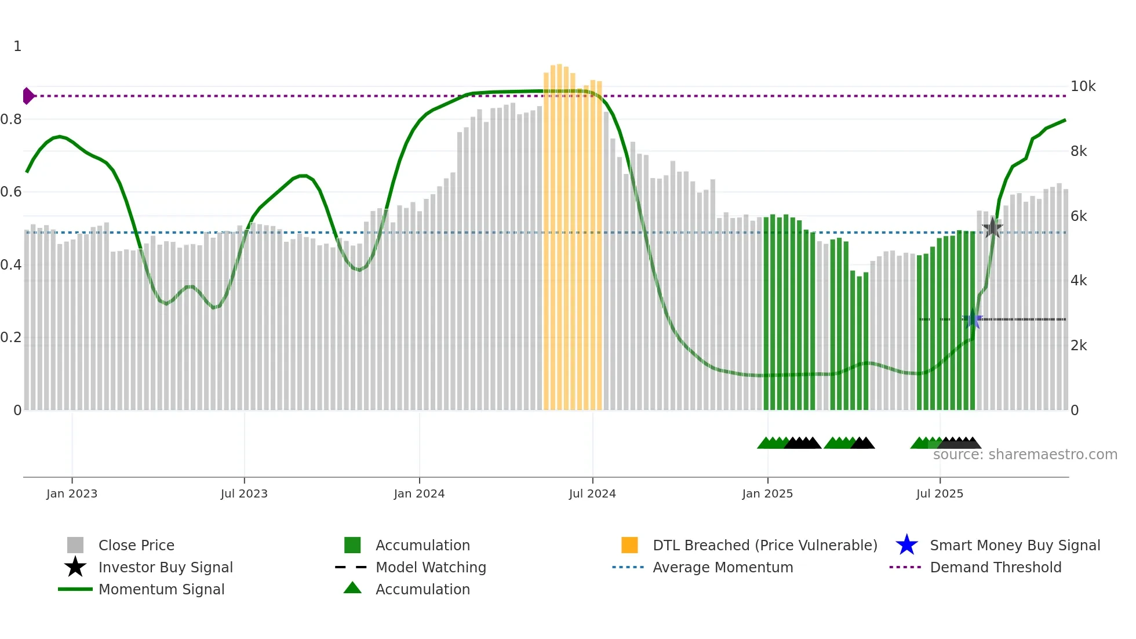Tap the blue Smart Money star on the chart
pos(973,319)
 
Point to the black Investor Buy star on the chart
pos(992,228)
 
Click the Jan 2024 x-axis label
pos(419,493)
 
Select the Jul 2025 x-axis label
pos(940,493)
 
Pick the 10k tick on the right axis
pos(1083,86)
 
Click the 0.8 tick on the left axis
pos(11,119)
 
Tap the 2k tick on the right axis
pos(1079,346)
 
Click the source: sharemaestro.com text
pos(1025,454)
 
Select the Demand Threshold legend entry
pos(995,567)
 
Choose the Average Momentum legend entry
pos(722,567)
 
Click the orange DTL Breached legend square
pos(629,545)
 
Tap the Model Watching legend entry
pos(430,567)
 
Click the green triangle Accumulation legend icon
pos(352,588)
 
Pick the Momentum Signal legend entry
pos(161,589)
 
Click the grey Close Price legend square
pos(75,545)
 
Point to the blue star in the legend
pos(906,545)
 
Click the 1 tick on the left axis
pos(17,46)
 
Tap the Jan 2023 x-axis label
pos(72,493)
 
